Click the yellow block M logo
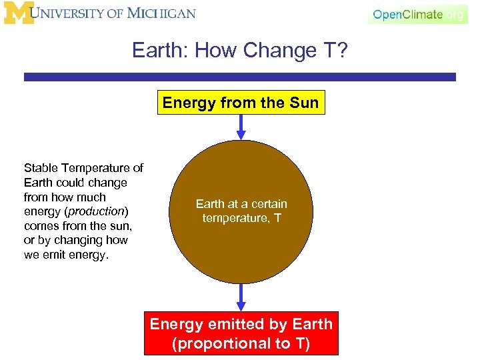coord(19,13)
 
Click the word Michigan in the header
coord(163,13)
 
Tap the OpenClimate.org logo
coord(417,14)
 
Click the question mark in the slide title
coord(341,51)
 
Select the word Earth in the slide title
coord(153,51)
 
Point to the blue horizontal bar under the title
coord(240,77)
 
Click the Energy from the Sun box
coord(241,103)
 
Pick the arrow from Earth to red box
coord(241,297)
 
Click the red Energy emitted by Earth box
coord(241,333)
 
